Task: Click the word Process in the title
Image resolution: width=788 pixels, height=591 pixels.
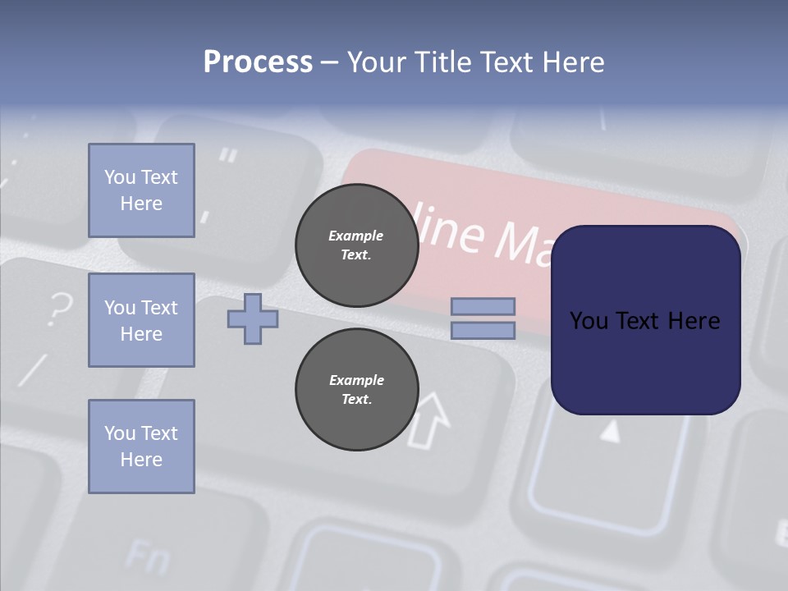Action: click(258, 62)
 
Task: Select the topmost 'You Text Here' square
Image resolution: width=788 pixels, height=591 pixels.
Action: click(141, 190)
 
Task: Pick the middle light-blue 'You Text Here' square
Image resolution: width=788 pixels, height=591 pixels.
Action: click(141, 320)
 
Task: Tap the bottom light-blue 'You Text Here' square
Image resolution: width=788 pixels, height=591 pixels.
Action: click(141, 447)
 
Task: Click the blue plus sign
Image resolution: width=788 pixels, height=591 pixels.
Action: click(253, 318)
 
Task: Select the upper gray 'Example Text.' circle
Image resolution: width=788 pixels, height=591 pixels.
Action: click(356, 245)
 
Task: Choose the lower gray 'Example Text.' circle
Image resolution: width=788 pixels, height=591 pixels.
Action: click(356, 389)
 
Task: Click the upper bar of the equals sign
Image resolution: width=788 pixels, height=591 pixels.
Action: click(483, 306)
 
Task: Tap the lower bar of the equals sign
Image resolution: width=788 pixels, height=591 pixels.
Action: click(483, 331)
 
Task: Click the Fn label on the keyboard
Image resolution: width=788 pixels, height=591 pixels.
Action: click(148, 558)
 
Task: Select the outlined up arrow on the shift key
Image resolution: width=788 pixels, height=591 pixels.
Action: click(429, 419)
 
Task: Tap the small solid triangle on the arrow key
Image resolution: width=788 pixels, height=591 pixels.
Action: click(609, 431)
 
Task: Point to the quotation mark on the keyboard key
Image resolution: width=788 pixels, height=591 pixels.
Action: click(229, 155)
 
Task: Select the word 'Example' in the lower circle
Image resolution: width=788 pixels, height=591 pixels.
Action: click(356, 380)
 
